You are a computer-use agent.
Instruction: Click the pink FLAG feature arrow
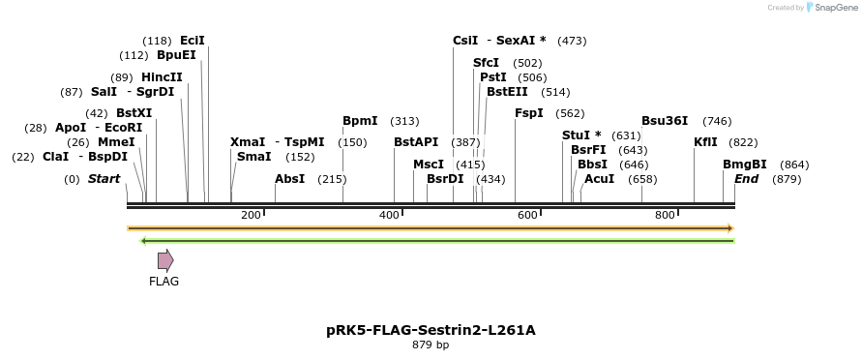point(165,259)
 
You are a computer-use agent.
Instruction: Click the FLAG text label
point(163,282)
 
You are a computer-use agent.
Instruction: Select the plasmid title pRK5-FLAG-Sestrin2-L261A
point(431,330)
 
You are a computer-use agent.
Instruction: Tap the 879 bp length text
point(431,345)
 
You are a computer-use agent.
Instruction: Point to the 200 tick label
point(251,215)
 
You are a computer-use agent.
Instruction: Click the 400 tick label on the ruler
point(389,215)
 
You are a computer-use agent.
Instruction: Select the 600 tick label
point(527,215)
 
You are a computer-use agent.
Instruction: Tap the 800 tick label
point(665,215)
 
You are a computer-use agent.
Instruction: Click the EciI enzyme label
point(193,41)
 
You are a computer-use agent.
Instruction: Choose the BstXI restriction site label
point(134,113)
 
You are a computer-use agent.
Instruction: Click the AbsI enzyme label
point(289,179)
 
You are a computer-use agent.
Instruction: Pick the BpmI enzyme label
point(360,121)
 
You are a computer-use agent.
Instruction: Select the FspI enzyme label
point(529,113)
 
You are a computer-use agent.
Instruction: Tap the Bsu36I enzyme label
point(665,121)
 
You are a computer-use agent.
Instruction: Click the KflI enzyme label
point(705,142)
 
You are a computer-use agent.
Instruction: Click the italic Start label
point(104,179)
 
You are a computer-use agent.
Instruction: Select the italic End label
point(746,179)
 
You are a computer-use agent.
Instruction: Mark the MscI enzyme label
point(429,165)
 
